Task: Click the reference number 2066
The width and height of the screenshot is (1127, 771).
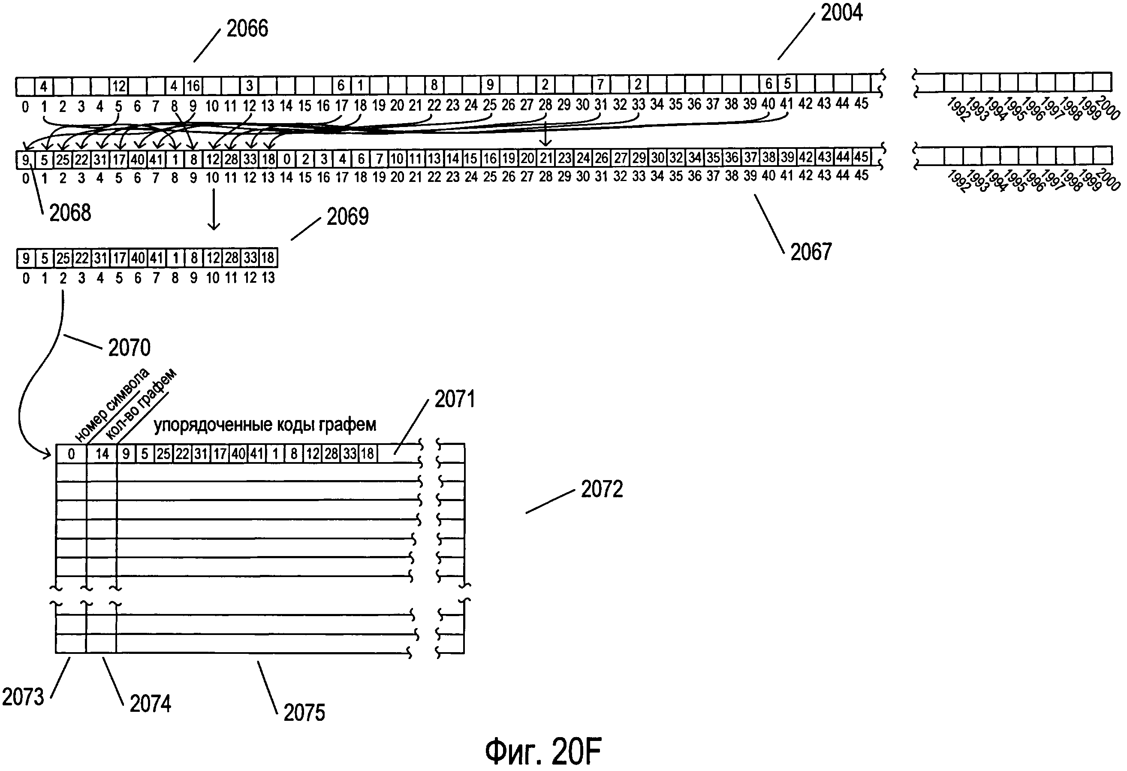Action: click(x=247, y=29)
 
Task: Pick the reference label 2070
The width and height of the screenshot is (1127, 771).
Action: click(x=129, y=348)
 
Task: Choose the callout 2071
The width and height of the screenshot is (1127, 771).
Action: click(x=455, y=399)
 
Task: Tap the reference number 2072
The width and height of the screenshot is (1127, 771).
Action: click(x=601, y=489)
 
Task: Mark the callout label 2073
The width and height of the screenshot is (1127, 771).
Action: click(x=23, y=697)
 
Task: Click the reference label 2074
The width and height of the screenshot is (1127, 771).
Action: click(x=151, y=704)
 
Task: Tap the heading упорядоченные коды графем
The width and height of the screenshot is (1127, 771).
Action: click(x=265, y=425)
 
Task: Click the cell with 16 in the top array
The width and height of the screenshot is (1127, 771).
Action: click(x=193, y=86)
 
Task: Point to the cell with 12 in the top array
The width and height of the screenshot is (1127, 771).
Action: click(x=119, y=86)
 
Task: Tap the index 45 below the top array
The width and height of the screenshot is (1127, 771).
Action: click(x=861, y=103)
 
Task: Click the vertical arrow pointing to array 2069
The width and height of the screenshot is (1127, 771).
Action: click(x=214, y=209)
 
